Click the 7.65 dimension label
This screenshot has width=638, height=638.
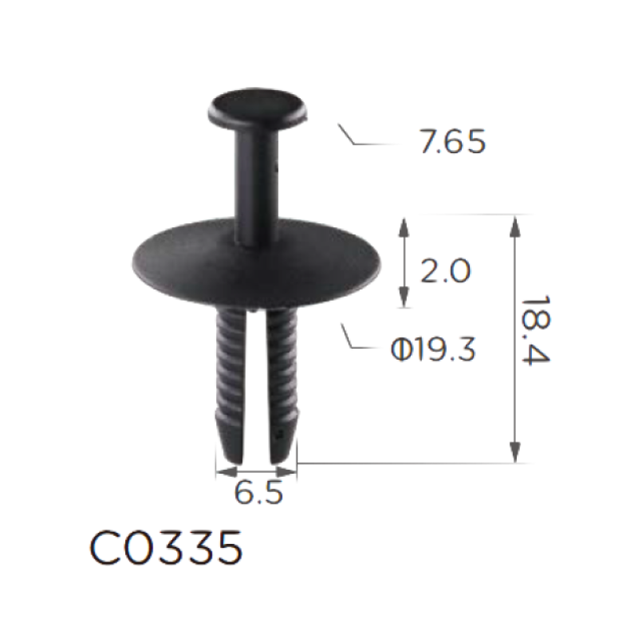point(452,142)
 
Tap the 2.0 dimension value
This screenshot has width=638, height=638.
point(445,271)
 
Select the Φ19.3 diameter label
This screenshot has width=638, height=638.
point(432,350)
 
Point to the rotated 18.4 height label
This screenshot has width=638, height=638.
point(535,330)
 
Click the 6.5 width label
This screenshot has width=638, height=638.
point(258,492)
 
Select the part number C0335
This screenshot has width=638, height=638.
point(166,547)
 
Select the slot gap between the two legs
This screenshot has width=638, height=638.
point(257,387)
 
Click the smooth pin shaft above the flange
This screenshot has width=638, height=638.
point(257,183)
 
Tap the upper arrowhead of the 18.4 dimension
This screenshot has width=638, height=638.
point(515,226)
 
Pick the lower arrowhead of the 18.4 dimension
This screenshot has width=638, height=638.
point(515,451)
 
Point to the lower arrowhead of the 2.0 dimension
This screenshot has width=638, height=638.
point(404,297)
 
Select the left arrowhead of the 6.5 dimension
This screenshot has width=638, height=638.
point(226,472)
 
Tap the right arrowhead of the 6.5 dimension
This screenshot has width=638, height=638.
point(286,472)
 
